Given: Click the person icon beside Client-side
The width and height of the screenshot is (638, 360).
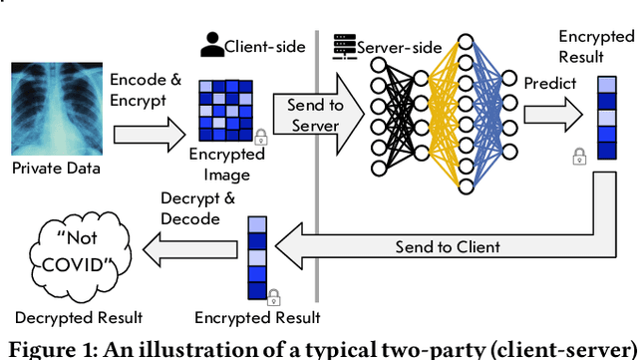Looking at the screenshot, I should pyautogui.click(x=211, y=44).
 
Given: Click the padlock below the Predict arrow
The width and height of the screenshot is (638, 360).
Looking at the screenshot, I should pyautogui.click(x=577, y=156).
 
